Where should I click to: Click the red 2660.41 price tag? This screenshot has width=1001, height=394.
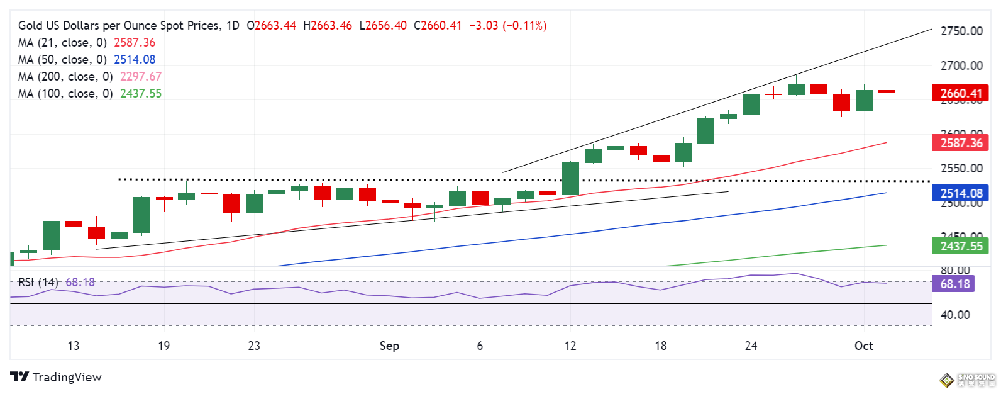(960, 93)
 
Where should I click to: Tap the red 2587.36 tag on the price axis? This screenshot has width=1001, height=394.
(960, 143)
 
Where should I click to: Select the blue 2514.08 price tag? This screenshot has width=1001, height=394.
(960, 194)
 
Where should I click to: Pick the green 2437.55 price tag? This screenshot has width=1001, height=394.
(960, 246)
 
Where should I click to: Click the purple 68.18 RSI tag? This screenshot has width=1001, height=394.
(954, 284)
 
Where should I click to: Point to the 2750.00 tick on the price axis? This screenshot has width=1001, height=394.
(961, 31)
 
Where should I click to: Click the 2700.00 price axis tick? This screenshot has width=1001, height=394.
(961, 65)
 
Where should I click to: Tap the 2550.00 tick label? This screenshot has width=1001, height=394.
(961, 168)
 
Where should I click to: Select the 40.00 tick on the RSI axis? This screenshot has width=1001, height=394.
(954, 315)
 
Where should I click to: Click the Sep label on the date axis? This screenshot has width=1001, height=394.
(389, 346)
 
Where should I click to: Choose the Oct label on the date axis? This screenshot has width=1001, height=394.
(863, 346)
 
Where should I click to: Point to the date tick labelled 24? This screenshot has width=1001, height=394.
(751, 346)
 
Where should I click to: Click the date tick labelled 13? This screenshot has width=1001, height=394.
(74, 346)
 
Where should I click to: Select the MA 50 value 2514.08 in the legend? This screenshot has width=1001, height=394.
(135, 59)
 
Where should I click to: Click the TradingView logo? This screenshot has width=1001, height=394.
(56, 377)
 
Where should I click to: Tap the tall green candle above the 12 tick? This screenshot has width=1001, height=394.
(570, 179)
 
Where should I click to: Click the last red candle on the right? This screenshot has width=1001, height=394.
(887, 92)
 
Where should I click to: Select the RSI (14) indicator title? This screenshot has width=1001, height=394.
(38, 282)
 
